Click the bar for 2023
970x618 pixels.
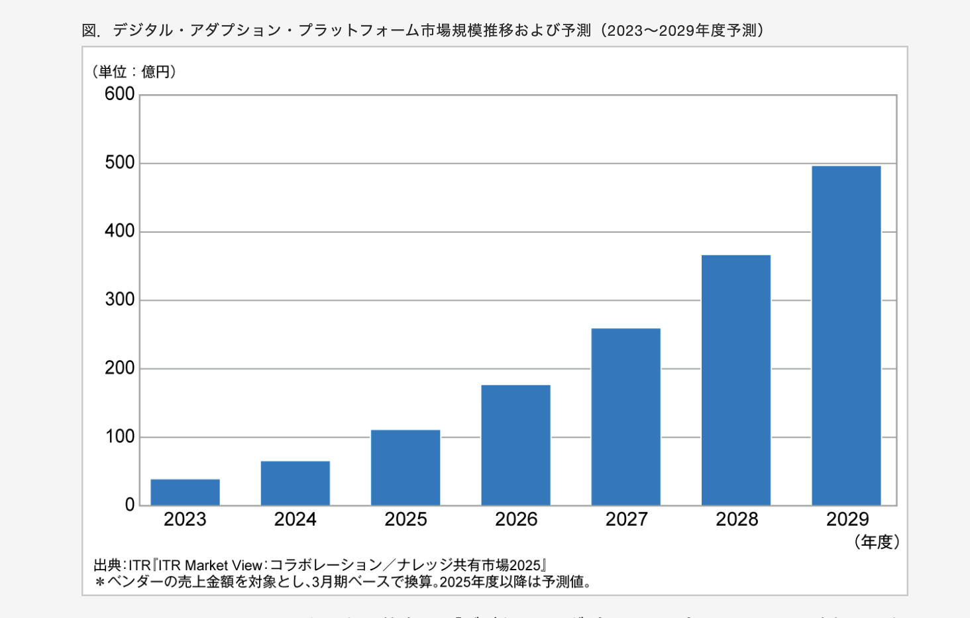coord(185,492)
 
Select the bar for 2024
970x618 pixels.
coord(296,483)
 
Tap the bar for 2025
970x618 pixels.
coord(405,467)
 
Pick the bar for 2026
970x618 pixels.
coord(515,445)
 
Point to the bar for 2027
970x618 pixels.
coord(626,416)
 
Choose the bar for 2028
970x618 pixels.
coord(736,380)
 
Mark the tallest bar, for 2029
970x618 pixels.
coord(846,336)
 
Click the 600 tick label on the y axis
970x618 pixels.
coord(120,94)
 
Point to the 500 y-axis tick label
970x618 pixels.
coord(120,162)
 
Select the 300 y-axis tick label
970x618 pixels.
coord(120,300)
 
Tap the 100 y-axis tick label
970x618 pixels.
coord(120,437)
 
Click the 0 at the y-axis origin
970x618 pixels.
coord(130,505)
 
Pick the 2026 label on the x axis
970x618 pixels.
coord(516,519)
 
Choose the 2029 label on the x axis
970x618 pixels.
coord(847,519)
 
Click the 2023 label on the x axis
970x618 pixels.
coord(185,519)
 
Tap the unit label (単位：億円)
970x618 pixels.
coord(135,72)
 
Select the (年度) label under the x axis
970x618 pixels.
coord(877,542)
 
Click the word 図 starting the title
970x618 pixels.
coord(89,31)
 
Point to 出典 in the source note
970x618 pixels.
coord(107,566)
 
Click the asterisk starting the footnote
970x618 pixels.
coord(100,582)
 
